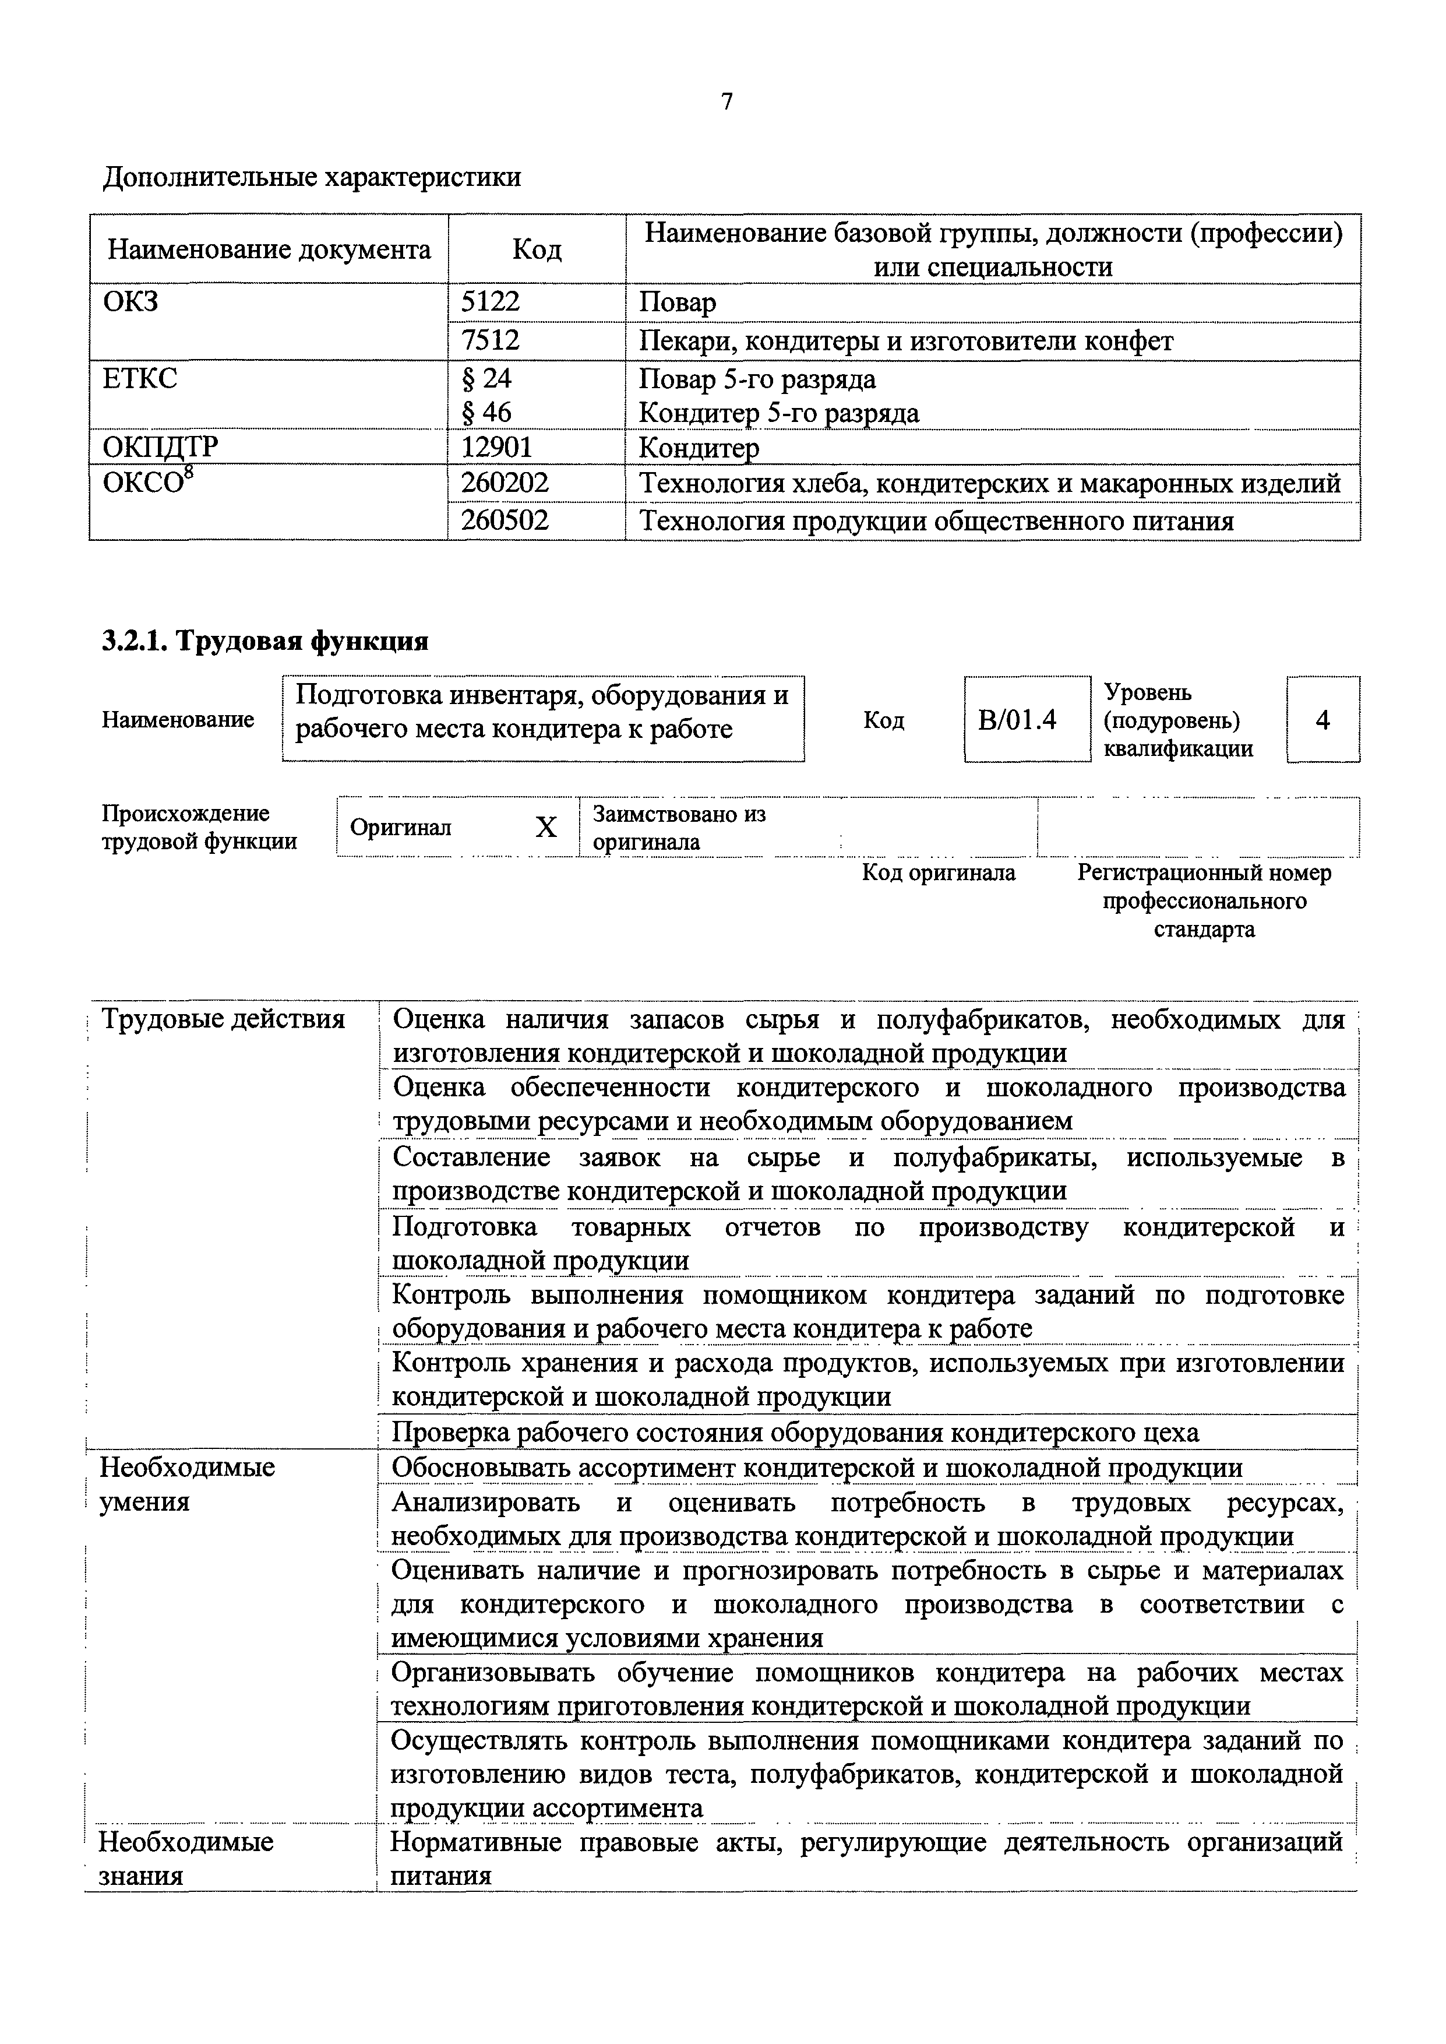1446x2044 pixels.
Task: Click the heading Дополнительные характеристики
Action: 312,177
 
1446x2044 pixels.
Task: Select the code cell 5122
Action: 490,302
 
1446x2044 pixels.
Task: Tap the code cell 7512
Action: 490,340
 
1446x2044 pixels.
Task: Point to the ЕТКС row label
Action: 140,378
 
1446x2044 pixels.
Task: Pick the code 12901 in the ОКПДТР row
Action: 496,446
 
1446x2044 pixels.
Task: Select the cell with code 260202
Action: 505,483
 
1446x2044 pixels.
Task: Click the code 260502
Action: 505,520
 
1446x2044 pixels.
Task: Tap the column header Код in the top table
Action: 537,249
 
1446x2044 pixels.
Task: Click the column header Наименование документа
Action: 269,249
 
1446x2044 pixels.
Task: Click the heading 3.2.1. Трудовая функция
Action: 265,641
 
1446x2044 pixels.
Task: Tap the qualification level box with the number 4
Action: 1322,719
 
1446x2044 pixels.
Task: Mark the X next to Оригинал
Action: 546,828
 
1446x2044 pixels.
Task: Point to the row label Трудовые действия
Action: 223,1019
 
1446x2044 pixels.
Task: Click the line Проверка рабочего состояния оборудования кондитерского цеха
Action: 795,1432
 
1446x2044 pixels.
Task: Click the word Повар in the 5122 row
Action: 678,303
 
